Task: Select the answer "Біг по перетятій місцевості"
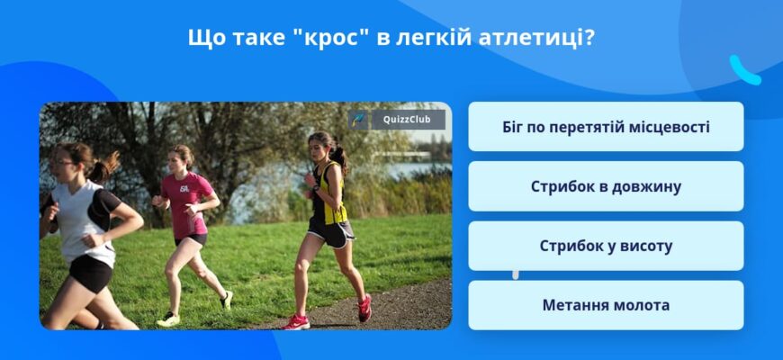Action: pyautogui.click(x=606, y=127)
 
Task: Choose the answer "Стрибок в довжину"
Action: pyautogui.click(x=606, y=186)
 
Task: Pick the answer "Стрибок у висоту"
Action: pyautogui.click(x=606, y=246)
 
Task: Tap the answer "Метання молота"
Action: pyautogui.click(x=606, y=305)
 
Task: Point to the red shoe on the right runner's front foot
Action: pyautogui.click(x=296, y=321)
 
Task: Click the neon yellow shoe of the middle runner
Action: pyautogui.click(x=168, y=318)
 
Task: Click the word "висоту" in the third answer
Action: pyautogui.click(x=643, y=246)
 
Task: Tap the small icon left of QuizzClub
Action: pyautogui.click(x=358, y=120)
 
